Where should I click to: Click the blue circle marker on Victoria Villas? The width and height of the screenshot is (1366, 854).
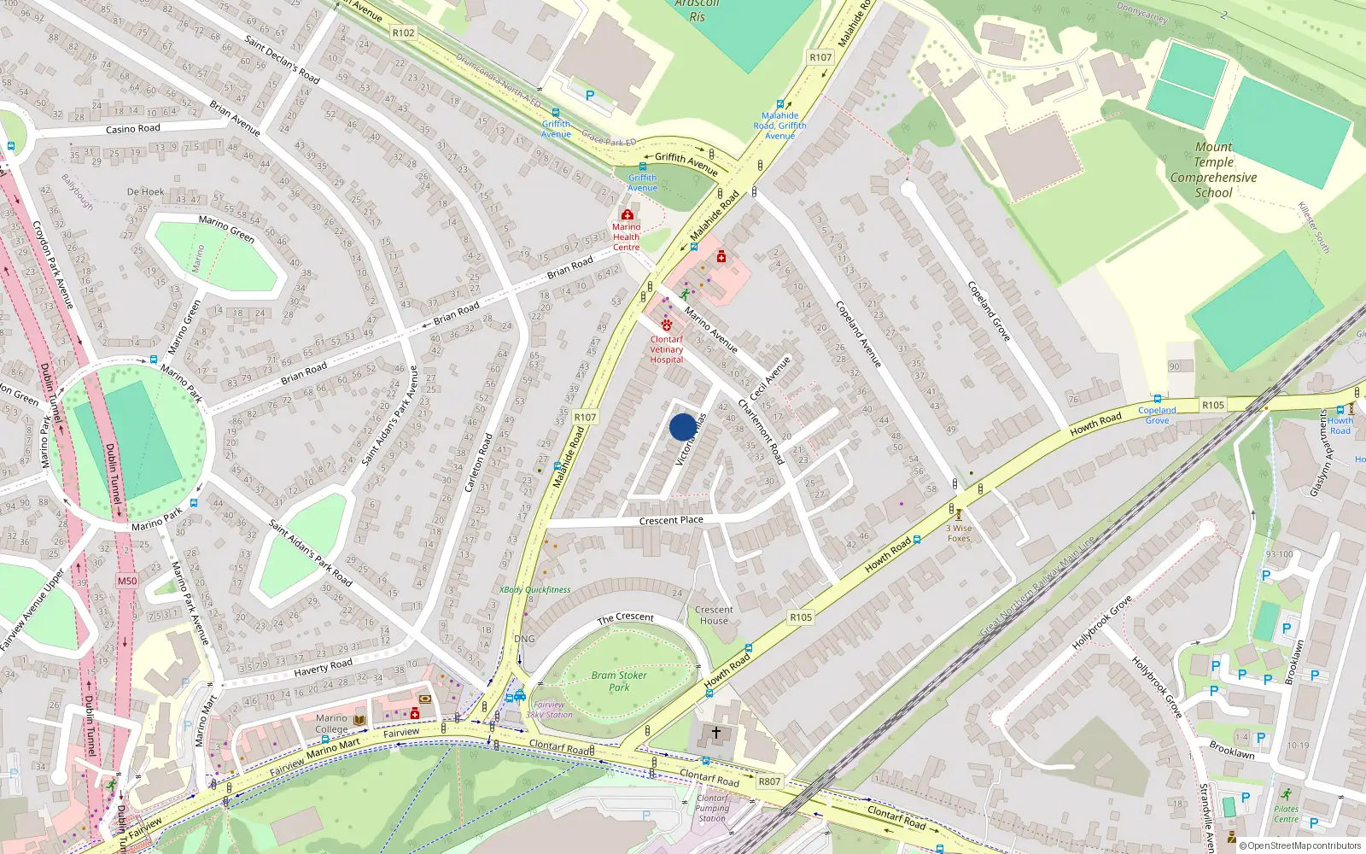682,427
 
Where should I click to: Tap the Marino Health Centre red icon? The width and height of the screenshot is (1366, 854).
628,214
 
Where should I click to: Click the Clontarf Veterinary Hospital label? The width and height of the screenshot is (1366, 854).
667,349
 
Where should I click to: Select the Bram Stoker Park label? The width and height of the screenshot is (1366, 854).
619,681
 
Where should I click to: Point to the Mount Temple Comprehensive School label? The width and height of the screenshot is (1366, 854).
1213,170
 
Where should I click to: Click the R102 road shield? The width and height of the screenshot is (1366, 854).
404,32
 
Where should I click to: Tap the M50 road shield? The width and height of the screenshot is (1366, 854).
127,581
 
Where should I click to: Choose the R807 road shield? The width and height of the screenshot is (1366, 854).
769,781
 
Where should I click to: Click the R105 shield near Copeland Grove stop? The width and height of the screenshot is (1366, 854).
1212,405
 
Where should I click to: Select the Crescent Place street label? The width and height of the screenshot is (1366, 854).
671,520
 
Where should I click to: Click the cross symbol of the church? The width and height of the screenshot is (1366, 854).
715,733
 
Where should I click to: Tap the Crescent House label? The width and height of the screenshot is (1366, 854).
714,615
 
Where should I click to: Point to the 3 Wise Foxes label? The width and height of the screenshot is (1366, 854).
959,533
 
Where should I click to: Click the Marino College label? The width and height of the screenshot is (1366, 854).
331,723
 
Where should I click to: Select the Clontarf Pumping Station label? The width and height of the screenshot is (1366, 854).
712,808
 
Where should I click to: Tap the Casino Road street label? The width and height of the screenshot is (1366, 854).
132,129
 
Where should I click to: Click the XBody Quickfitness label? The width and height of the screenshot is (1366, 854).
534,589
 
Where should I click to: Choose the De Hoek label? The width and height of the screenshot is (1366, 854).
145,192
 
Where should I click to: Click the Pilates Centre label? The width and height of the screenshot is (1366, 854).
1286,814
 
